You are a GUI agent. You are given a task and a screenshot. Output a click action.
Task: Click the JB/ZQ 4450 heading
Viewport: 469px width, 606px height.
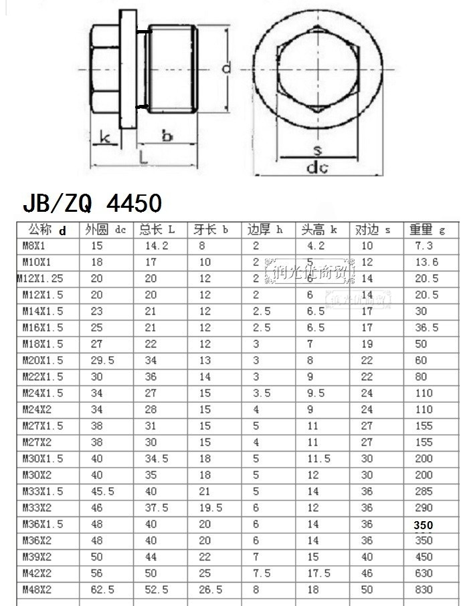pyautogui.click(x=92, y=202)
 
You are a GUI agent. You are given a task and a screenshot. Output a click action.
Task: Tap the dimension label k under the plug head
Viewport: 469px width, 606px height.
pyautogui.click(x=105, y=138)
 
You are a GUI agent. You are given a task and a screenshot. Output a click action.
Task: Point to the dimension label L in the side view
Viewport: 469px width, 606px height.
pyautogui.click(x=144, y=157)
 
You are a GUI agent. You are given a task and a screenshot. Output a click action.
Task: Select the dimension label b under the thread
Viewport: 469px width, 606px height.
pyautogui.click(x=167, y=136)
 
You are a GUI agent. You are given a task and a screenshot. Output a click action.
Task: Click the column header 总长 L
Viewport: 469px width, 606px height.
pyautogui.click(x=157, y=230)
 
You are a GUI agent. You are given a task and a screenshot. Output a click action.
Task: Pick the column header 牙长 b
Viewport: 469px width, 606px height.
pyautogui.click(x=211, y=230)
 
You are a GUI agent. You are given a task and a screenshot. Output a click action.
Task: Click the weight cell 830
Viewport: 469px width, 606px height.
pyautogui.click(x=424, y=590)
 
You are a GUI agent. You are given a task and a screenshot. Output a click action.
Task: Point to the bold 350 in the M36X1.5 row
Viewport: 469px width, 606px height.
pyautogui.click(x=424, y=525)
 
